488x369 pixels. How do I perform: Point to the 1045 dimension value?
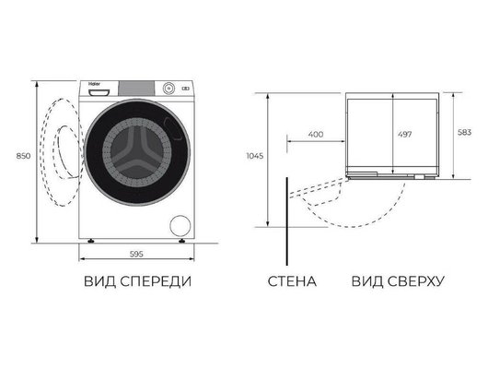coord(254,157)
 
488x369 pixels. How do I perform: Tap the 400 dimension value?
coord(315,135)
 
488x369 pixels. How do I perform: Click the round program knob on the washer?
coord(169,89)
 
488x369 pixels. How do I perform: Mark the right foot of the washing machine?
coord(183,242)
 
